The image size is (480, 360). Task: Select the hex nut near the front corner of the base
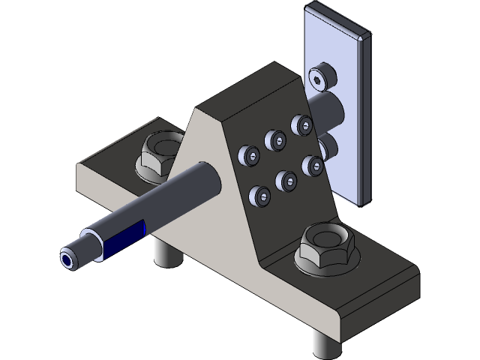pos(327,248)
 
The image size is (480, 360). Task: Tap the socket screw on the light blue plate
pos(322,77)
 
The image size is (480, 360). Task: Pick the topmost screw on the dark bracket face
pos(302,124)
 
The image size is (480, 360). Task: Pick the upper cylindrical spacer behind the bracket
pos(330,105)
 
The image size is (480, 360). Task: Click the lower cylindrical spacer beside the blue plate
pos(328,146)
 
